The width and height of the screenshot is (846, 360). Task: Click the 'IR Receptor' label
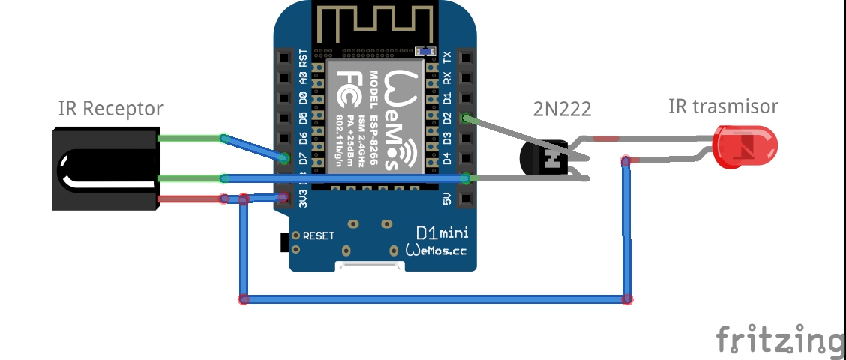(x=110, y=109)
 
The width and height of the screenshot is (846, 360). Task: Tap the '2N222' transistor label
(x=562, y=109)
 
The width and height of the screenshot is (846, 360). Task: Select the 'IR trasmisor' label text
(x=722, y=106)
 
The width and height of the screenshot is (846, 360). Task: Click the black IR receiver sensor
(x=105, y=168)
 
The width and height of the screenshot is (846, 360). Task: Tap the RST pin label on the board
(x=303, y=57)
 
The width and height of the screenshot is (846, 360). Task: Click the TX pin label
(x=447, y=57)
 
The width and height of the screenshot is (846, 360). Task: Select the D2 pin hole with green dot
(x=466, y=118)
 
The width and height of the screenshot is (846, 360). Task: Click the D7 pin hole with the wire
(x=284, y=158)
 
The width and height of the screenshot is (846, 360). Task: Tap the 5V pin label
(x=447, y=199)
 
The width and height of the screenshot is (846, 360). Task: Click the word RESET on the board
(x=319, y=235)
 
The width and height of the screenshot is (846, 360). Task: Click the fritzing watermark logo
(x=780, y=339)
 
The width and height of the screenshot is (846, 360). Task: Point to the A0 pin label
(x=303, y=77)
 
